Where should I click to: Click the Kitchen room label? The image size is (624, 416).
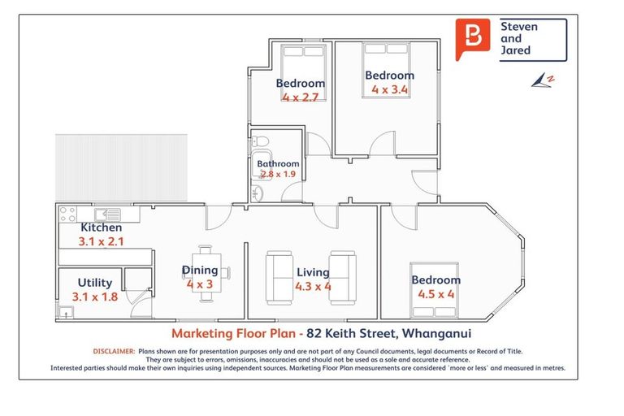point(101,227)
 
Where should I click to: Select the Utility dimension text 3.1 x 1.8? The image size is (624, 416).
point(96,297)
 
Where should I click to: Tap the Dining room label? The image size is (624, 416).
point(200,271)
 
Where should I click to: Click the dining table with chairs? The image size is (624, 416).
point(206,273)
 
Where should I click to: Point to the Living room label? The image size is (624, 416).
point(313,272)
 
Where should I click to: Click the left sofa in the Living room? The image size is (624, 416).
point(278,278)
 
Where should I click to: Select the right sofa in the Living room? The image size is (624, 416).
point(343,278)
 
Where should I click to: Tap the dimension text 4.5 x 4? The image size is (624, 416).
point(435,294)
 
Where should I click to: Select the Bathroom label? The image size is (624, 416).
point(278,163)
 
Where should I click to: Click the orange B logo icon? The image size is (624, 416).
point(474,38)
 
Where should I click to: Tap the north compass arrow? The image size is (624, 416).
point(543,80)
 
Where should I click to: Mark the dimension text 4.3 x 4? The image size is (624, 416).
point(313,286)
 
